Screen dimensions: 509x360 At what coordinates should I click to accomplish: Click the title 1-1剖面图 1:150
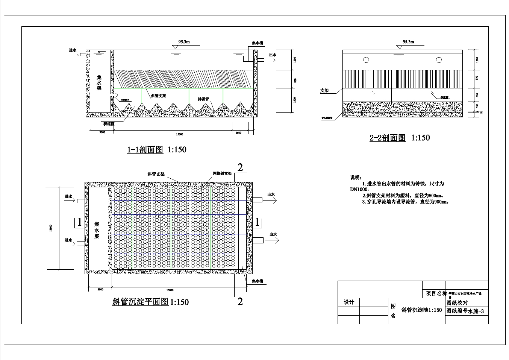pyautogui.click(x=157, y=150)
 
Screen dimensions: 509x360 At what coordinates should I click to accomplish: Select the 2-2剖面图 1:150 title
pyautogui.click(x=400, y=138)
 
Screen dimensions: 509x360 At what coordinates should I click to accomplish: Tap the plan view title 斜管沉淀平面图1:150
pyautogui.click(x=150, y=302)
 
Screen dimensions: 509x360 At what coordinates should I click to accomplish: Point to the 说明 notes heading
pyautogui.click(x=356, y=178)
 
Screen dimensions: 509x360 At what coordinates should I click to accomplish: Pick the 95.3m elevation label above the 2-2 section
pyautogui.click(x=408, y=42)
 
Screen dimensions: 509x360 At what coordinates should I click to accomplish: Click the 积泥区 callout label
pyautogui.click(x=109, y=124)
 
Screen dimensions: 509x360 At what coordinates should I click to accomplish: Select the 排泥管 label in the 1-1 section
pyautogui.click(x=203, y=99)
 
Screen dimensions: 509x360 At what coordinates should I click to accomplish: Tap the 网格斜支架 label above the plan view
pyautogui.click(x=222, y=173)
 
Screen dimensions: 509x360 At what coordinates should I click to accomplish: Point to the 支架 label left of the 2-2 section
pyautogui.click(x=324, y=91)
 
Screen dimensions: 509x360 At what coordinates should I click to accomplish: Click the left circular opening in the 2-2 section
pyautogui.click(x=366, y=60)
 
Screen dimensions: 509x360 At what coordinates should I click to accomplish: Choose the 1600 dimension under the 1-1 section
pyautogui.click(x=238, y=133)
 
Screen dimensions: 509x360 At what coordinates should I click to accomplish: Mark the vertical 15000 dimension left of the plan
pyautogui.click(x=50, y=228)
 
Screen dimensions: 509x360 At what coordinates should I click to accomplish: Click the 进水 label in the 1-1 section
pyautogui.click(x=73, y=50)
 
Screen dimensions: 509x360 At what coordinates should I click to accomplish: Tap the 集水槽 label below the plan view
pyautogui.click(x=258, y=281)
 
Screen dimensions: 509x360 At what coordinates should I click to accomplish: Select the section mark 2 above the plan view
pyautogui.click(x=240, y=167)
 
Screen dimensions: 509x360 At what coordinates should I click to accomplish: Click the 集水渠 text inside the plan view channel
pyautogui.click(x=97, y=230)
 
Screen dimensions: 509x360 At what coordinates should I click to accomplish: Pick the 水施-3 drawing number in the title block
pyautogui.click(x=476, y=311)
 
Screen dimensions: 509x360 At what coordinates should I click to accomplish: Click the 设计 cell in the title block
pyautogui.click(x=349, y=302)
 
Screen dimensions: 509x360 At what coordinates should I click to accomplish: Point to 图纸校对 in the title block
pyautogui.click(x=457, y=303)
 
